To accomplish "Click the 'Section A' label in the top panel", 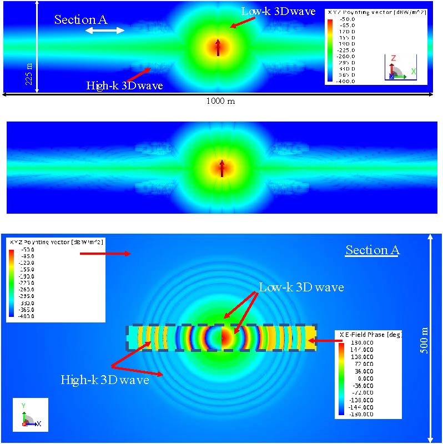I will click(81, 19).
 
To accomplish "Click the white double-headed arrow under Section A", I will click(105, 31).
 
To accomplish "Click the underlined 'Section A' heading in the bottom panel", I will click(372, 250).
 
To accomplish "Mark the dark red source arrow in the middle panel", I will click(221, 168).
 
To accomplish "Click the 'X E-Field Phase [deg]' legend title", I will click(369, 335).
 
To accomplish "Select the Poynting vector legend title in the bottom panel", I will click(56, 243).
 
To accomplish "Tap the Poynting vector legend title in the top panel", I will click(377, 12).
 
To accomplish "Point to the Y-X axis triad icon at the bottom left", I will click(31, 415).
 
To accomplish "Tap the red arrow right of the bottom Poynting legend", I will click(105, 254).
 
